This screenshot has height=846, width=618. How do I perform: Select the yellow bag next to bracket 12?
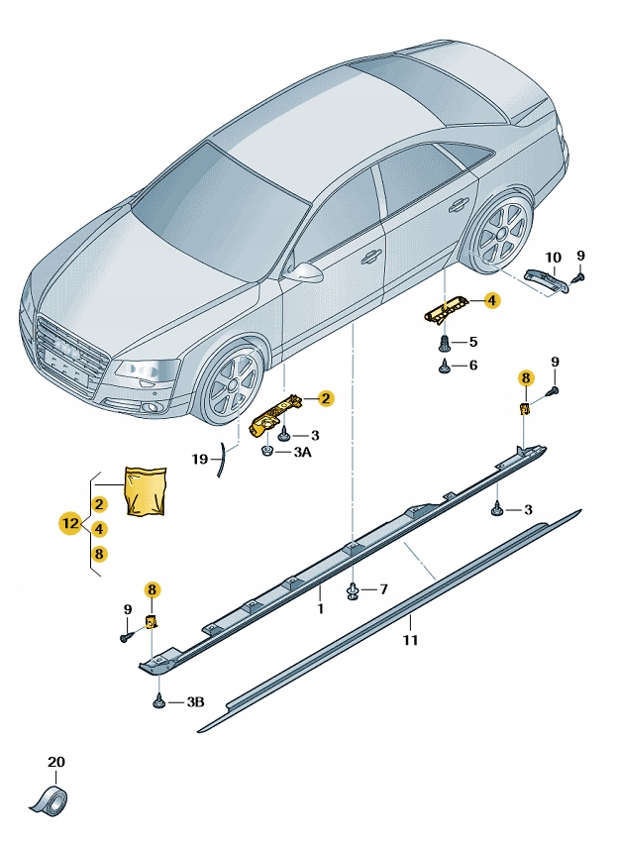pos(144,490)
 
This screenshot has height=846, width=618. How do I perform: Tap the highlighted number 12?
pos(69,523)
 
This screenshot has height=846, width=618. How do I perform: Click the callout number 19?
pos(200,459)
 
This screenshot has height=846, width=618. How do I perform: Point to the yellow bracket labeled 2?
pos(276,410)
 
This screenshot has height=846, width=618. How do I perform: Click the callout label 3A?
pos(301,453)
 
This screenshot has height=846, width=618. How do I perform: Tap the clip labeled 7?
pos(353,591)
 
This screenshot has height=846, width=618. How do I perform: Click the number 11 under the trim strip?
pos(410,640)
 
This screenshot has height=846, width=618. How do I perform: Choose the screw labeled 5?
pos(448,343)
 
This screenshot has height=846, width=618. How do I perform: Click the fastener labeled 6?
pos(448,366)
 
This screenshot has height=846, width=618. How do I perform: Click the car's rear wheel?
pos(499,236)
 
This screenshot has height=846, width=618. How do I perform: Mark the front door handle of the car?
pos(370,257)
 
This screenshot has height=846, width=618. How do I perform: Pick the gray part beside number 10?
pos(546,281)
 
